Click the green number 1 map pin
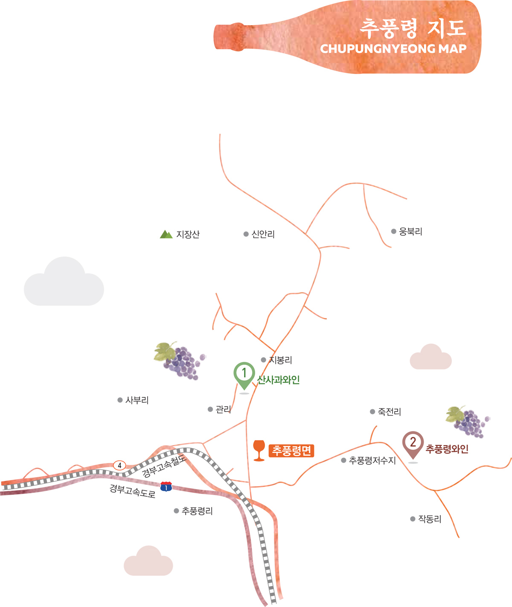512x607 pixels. point(244,374)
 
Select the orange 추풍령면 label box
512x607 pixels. point(292,451)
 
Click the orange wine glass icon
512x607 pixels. point(259,450)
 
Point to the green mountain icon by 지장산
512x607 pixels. point(166,234)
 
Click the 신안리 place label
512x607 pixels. point(263,234)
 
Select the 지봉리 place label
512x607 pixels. point(280,360)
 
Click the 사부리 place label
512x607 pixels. point(137,400)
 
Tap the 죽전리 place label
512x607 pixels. point(389,412)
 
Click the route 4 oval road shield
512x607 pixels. point(119,465)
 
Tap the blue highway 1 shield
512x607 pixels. point(166,486)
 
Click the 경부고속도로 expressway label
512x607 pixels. point(133,491)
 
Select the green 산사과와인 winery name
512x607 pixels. point(279,380)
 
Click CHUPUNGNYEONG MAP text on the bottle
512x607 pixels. point(393,49)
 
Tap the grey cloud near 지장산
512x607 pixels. point(64,283)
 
